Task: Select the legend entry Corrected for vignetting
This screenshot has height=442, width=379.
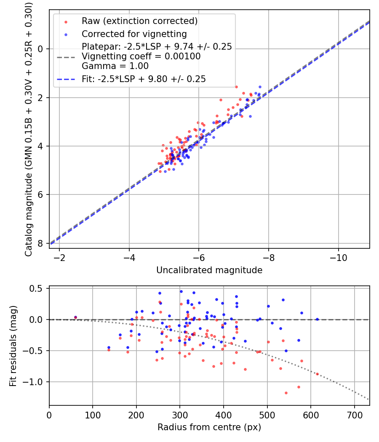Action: (134, 34)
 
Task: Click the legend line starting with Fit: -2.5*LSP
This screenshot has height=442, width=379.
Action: (144, 79)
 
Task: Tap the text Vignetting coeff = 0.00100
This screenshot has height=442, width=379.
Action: (141, 56)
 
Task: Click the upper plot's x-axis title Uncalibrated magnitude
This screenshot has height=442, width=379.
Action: (209, 270)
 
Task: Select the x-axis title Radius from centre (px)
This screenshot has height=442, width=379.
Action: (209, 427)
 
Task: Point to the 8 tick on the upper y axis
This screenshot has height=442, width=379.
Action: (41, 243)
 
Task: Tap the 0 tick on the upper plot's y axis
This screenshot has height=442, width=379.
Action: (41, 49)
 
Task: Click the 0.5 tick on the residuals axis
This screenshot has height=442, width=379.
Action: (38, 288)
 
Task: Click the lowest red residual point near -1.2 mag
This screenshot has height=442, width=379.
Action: (286, 393)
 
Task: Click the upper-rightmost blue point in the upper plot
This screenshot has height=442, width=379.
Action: (260, 87)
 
